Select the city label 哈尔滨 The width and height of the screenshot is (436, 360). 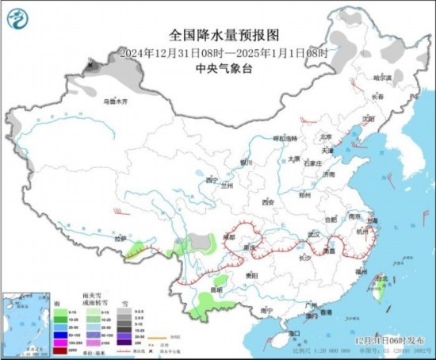(383, 78)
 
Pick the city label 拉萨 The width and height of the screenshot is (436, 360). (119, 239)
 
